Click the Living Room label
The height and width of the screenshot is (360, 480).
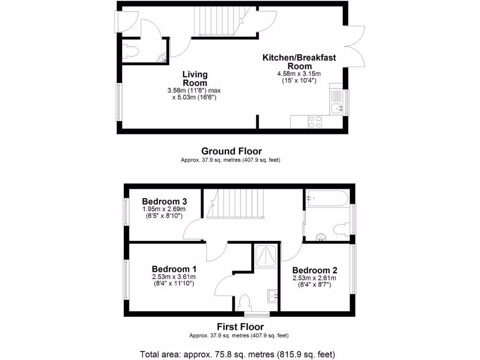tap(195, 79)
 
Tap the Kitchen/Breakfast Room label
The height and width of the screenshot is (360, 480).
tap(299, 62)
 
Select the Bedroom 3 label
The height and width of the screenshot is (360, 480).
tap(161, 202)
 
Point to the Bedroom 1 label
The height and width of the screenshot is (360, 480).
tap(174, 270)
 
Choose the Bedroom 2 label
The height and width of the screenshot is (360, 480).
tap(315, 270)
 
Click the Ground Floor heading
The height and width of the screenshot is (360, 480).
tap(231, 151)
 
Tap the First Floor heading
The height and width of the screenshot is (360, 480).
tap(240, 327)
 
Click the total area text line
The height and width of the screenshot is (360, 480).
tap(238, 354)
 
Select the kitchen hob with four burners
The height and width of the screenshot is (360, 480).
tap(315, 122)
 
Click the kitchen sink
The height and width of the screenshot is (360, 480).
tap(337, 108)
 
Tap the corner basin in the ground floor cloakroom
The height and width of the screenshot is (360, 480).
tap(162, 59)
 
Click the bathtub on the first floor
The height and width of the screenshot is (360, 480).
tap(327, 198)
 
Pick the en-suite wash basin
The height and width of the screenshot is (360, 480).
tap(273, 295)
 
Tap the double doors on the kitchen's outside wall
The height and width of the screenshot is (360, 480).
tap(356, 46)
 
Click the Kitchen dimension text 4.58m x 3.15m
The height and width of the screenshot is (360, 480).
tap(299, 74)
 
